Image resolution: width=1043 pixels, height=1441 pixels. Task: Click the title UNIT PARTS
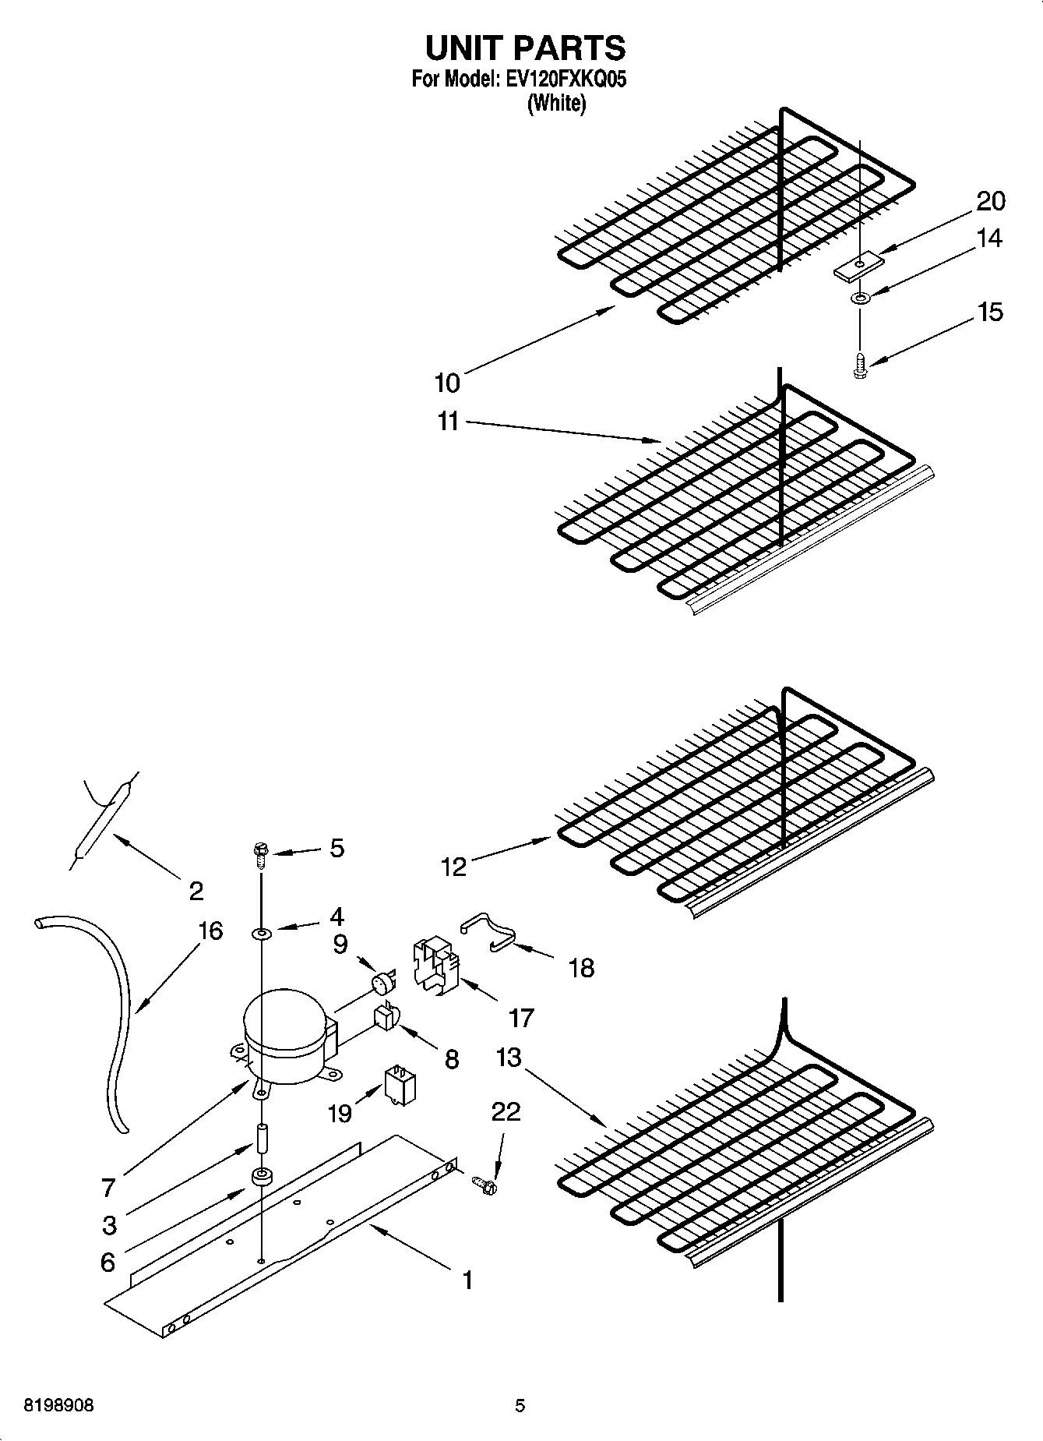click(x=525, y=48)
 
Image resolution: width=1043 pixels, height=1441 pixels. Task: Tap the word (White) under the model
click(x=556, y=103)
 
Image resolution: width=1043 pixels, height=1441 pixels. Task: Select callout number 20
click(x=990, y=201)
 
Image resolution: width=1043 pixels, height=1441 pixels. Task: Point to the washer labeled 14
click(x=860, y=298)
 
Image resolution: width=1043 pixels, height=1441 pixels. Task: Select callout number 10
click(x=447, y=383)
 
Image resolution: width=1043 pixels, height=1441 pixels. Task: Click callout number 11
click(x=448, y=422)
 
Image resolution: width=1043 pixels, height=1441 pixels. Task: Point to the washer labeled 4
click(x=262, y=933)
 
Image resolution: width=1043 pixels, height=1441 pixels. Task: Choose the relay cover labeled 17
click(x=434, y=966)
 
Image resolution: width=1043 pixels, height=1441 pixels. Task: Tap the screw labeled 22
click(x=485, y=1185)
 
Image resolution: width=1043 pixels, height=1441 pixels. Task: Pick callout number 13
click(x=508, y=1058)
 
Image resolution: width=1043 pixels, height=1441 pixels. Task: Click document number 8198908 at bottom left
click(x=59, y=1406)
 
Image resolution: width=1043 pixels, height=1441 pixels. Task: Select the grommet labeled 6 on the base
click(x=261, y=1177)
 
